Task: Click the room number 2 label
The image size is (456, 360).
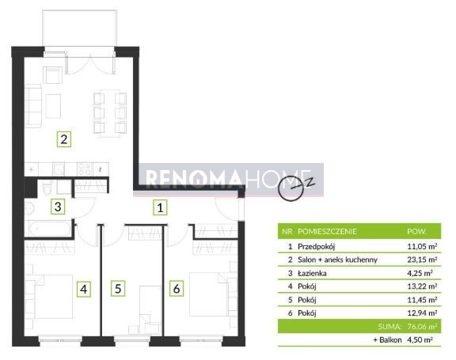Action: (64, 139)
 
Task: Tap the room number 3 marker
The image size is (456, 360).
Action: (58, 207)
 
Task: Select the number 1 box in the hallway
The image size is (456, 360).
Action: (160, 207)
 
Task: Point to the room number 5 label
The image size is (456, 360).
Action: (118, 289)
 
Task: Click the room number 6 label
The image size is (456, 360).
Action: (177, 289)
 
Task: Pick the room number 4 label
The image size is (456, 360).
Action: (84, 290)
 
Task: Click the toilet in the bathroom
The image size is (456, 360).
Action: (47, 188)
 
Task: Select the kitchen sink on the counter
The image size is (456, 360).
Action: (59, 169)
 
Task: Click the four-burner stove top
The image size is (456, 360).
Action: (85, 169)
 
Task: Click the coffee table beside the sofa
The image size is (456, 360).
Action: (53, 106)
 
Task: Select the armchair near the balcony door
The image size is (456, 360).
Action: (52, 75)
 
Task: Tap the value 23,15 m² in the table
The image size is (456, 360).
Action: (422, 260)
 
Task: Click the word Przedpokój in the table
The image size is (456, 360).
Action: (317, 247)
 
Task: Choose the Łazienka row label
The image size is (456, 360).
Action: (312, 273)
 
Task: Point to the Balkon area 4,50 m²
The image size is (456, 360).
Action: (420, 339)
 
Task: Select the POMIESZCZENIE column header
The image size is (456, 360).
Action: (327, 232)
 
